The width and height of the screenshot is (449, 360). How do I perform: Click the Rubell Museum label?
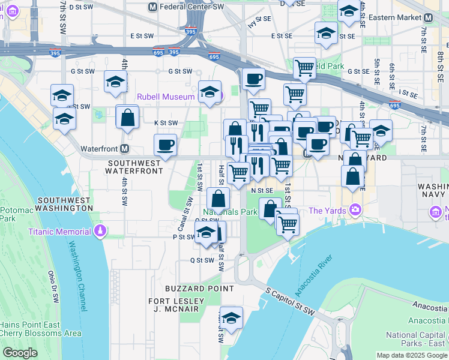pos(166,97)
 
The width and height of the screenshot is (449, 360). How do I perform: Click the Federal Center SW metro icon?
pos(152,7)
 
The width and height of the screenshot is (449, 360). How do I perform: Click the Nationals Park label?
pos(230,212)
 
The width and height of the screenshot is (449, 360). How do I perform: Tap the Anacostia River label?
pos(313,275)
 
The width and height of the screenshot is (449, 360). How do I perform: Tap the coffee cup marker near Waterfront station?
pos(166,145)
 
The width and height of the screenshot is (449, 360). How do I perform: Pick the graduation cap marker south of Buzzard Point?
pos(231,319)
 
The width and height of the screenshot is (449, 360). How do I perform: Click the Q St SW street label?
pos(202,260)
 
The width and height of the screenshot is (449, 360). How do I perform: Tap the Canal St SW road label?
pos(185,214)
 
